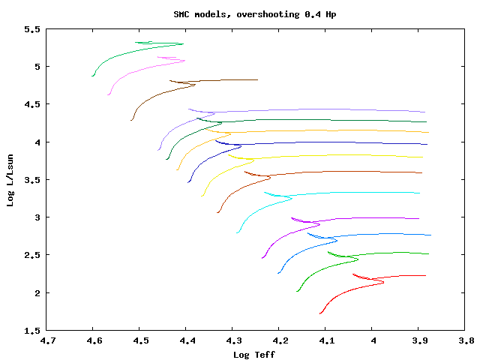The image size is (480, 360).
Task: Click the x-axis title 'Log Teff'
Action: coord(254,354)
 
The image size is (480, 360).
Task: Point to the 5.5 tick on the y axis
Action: coord(31,29)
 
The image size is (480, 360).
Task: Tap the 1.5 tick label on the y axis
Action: coord(31,331)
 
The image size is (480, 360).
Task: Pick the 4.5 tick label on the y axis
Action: coord(31,104)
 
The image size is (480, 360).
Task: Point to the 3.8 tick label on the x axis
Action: coord(465,341)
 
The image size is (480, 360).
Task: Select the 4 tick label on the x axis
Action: coord(372,341)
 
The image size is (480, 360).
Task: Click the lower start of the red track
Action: coord(320,313)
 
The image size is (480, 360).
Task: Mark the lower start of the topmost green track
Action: coord(93,76)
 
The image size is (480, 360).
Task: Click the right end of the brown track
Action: coord(257,79)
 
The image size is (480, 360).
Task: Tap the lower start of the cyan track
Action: coord(238,232)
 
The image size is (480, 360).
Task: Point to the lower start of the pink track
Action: coord(109,94)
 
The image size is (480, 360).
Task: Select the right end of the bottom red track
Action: coord(425,275)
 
